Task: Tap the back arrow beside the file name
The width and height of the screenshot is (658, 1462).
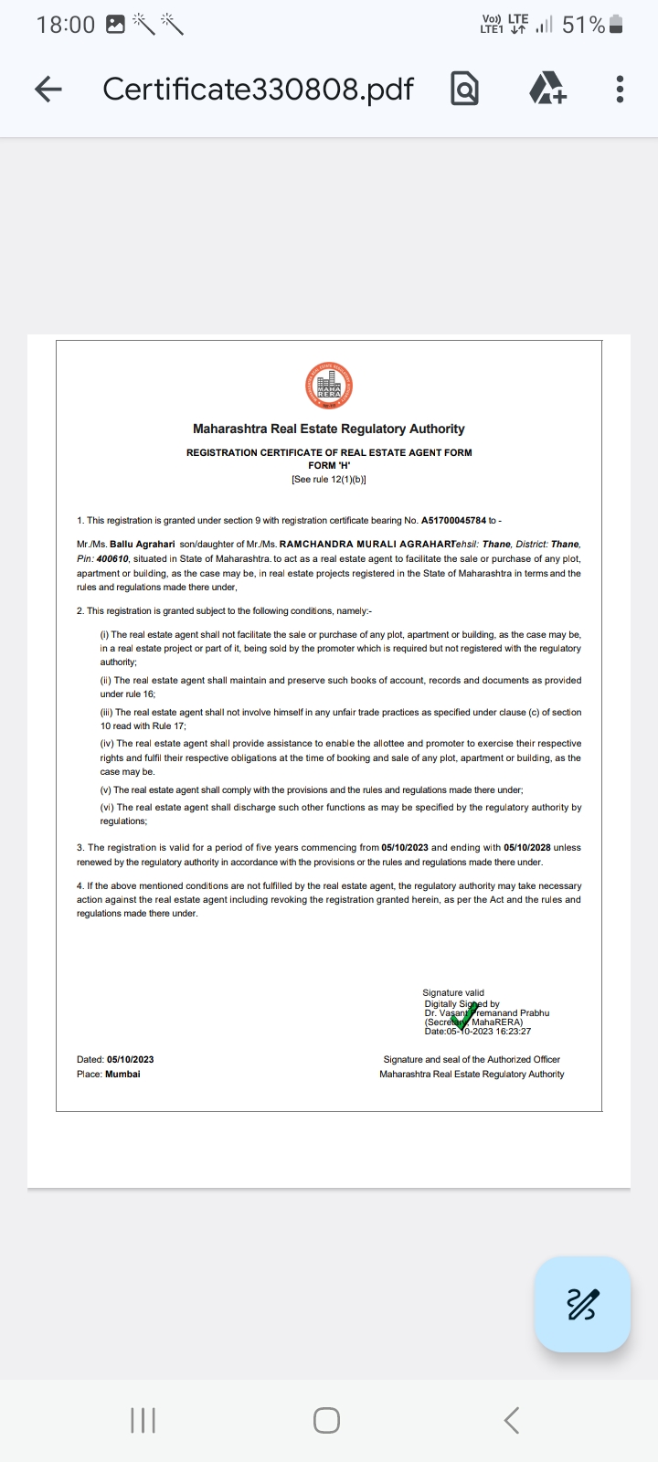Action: [x=48, y=89]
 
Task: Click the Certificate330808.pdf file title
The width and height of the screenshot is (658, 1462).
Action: [x=258, y=89]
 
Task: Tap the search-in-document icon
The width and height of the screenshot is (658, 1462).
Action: [x=464, y=89]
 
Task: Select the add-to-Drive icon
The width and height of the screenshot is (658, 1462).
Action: [x=547, y=89]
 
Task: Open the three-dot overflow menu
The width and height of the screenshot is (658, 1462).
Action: [x=620, y=89]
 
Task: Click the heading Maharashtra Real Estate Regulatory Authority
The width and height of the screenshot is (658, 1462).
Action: [x=329, y=429]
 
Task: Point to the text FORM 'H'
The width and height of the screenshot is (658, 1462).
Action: [x=329, y=465]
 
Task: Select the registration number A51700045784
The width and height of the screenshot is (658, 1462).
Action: [x=453, y=520]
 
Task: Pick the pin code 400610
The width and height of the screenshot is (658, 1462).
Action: [x=112, y=558]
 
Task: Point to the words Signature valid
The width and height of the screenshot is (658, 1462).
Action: [x=453, y=992]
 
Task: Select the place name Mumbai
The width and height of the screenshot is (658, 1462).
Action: [x=122, y=1074]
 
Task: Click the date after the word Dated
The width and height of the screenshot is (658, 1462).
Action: [x=130, y=1059]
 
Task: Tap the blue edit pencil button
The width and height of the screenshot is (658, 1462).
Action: [x=582, y=1304]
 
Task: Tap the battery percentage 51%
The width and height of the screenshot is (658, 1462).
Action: [x=583, y=25]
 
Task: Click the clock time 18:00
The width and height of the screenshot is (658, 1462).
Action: [x=66, y=25]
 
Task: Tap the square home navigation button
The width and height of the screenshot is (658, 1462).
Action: [x=326, y=1420]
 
